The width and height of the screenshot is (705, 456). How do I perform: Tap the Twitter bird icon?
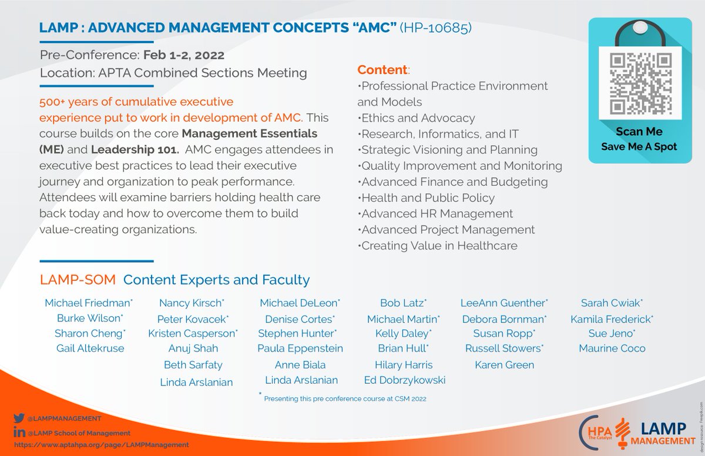tap(18, 418)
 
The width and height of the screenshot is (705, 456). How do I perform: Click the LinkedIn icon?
tap(18, 432)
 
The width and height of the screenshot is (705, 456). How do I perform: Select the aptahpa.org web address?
tap(100, 445)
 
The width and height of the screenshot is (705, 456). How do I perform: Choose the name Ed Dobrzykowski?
tap(404, 380)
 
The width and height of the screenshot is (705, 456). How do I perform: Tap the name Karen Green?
tap(504, 365)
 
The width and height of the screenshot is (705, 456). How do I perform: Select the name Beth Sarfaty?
tap(193, 365)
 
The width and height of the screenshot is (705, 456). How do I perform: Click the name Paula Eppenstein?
tap(300, 348)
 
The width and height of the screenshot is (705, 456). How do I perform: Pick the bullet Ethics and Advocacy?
tap(418, 118)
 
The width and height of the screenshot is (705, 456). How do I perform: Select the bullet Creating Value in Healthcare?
tap(439, 246)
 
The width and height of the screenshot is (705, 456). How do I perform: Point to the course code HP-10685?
tap(435, 28)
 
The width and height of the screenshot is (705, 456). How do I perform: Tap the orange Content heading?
tap(382, 70)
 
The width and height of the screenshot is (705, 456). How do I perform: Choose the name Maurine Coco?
tap(612, 348)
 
